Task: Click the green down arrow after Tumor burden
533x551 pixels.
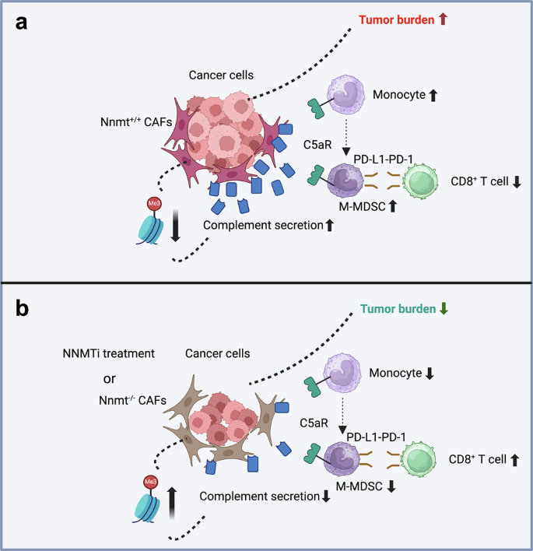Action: click(x=444, y=308)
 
